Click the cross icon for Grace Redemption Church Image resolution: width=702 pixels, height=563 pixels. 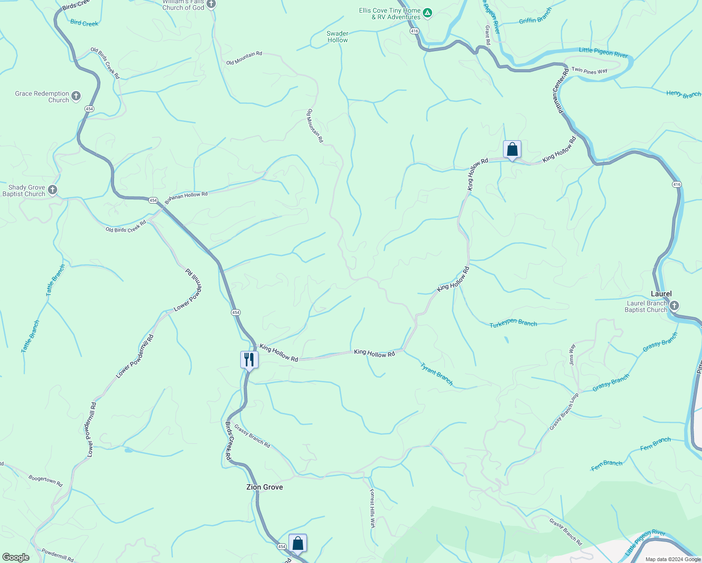(76, 96)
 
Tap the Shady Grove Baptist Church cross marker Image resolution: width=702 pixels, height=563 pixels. (53, 190)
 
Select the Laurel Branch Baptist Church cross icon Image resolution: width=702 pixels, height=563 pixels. (674, 306)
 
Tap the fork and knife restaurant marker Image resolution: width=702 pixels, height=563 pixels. (249, 360)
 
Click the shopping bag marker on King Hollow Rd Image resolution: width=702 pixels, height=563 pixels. (512, 150)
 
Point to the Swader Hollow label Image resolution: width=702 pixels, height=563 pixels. (337, 37)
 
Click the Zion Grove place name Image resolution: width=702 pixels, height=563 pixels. (265, 487)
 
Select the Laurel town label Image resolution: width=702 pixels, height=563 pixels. (661, 294)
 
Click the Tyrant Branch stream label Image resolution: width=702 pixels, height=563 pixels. (436, 374)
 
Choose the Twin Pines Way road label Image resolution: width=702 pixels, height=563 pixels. (589, 71)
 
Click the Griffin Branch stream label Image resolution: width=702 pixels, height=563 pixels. (535, 16)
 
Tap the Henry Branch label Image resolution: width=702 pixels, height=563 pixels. (683, 94)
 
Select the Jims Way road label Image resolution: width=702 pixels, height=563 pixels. (572, 355)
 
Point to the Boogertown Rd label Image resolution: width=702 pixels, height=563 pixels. (46, 480)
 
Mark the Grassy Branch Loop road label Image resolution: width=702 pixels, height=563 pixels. (564, 411)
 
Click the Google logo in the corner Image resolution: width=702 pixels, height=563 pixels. (16, 557)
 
